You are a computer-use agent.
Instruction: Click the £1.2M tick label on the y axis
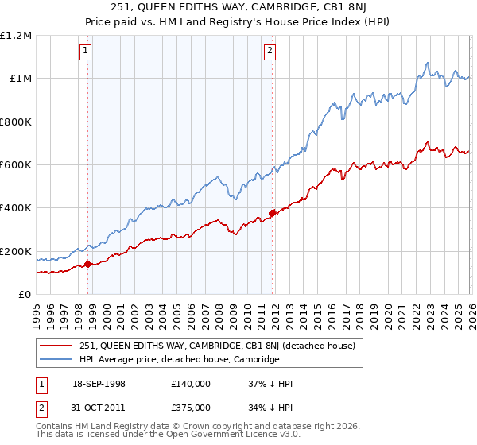[16, 36]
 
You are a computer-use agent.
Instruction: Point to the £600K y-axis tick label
[16, 165]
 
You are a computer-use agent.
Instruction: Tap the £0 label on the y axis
[25, 295]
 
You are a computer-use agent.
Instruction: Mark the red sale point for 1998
[87, 264]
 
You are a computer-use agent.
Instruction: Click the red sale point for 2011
[272, 213]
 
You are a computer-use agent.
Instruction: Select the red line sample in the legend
[58, 346]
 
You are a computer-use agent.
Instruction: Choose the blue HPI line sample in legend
[58, 359]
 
